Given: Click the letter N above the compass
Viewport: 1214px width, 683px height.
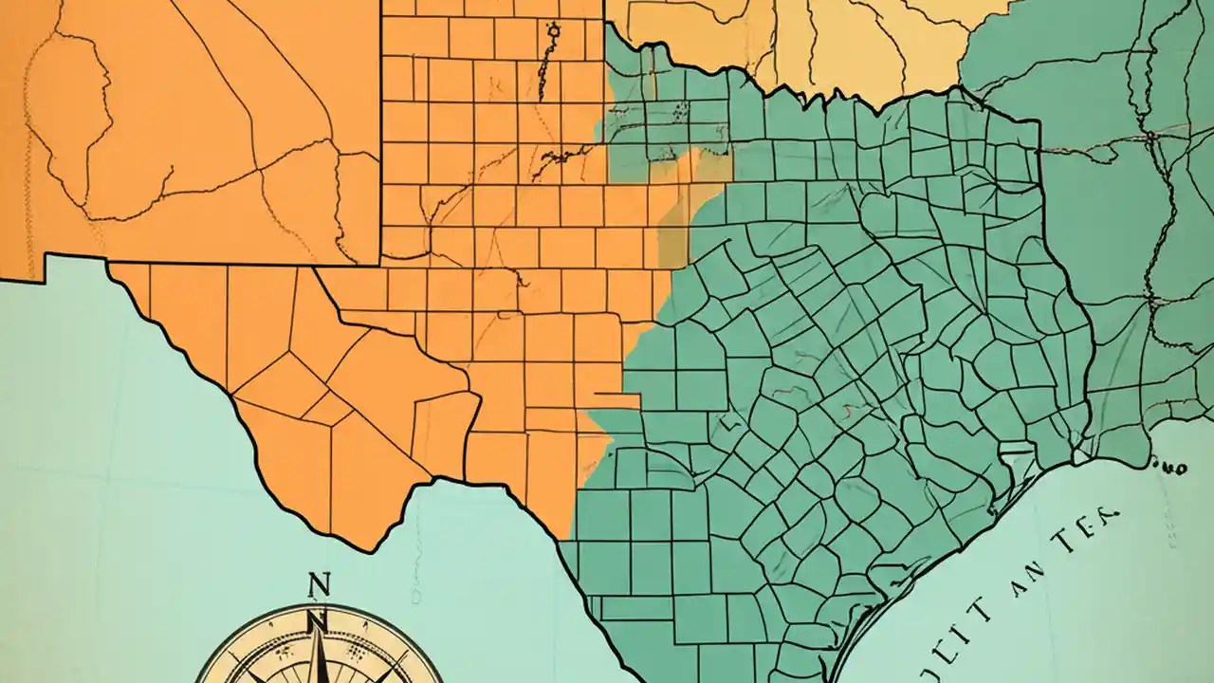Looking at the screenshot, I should click(x=320, y=583).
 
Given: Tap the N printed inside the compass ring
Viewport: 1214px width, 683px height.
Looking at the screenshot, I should click(x=318, y=622).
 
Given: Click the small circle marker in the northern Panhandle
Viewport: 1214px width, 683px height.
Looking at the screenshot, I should click(x=554, y=31).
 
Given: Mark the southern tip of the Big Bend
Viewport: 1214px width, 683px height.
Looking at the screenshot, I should click(x=365, y=548).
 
